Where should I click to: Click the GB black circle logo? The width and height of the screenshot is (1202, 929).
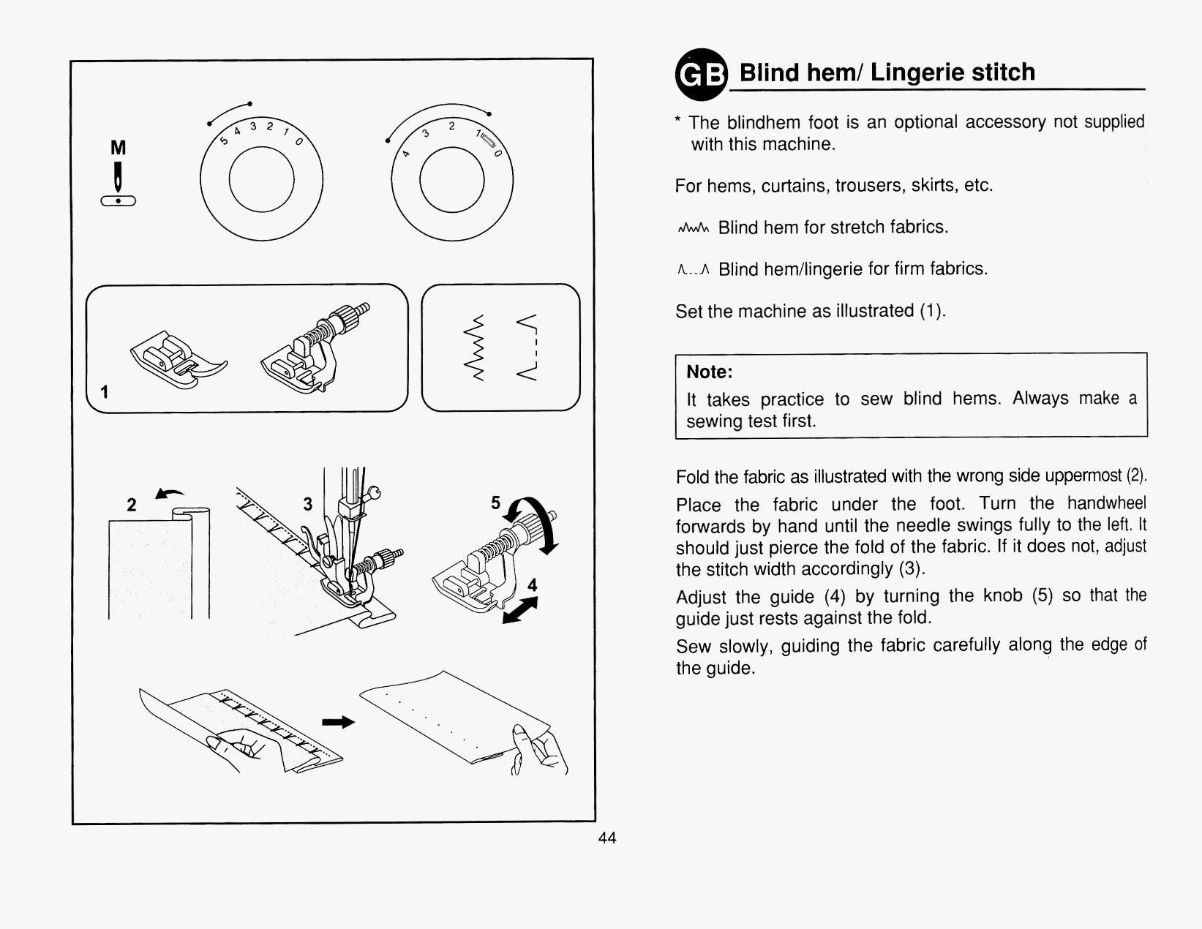coord(701,74)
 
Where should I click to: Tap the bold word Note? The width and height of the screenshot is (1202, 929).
coord(709,372)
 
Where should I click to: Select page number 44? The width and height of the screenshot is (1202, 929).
coord(607,838)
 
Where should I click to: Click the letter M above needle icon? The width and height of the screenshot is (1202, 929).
coord(118,148)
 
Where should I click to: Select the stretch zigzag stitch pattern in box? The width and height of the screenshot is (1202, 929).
coord(478,347)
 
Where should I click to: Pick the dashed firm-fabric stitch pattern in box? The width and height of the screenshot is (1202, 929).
coord(528,347)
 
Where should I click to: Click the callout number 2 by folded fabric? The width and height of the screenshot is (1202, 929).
coord(132,505)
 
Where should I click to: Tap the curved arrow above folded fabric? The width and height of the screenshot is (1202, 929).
coord(170,495)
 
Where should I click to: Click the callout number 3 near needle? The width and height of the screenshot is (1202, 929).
coord(308,504)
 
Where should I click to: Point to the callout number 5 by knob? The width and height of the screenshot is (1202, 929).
coord(495,503)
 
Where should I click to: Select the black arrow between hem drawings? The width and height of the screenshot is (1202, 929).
coord(338,722)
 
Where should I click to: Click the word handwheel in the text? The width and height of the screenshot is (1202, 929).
coord(1106,503)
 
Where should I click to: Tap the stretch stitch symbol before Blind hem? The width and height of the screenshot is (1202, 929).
coord(693,228)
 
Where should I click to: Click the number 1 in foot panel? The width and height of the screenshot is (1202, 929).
coord(105,392)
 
